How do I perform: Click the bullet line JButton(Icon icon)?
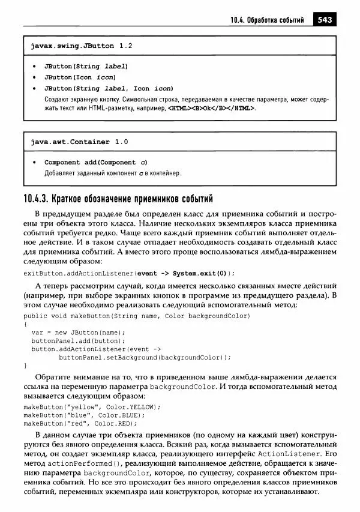click(80, 77)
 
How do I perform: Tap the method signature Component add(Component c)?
click(96, 163)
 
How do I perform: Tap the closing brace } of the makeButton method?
click(26, 365)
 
